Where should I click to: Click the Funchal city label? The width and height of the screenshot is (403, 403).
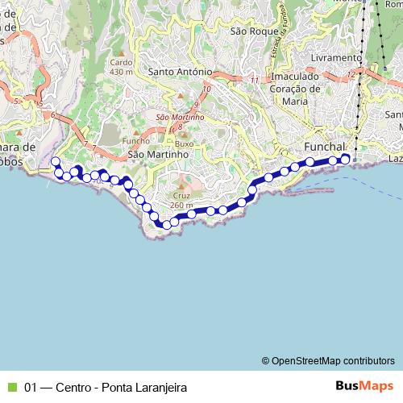click(326, 147)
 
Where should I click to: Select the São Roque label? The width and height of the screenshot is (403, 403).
click(248, 31)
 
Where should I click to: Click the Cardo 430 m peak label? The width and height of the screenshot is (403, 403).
click(121, 66)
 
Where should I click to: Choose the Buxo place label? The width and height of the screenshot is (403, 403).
click(185, 143)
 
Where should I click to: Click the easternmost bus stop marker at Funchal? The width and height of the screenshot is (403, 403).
click(345, 159)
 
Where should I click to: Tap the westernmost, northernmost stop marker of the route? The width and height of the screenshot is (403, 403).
click(55, 162)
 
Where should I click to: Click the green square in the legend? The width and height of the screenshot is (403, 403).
click(12, 386)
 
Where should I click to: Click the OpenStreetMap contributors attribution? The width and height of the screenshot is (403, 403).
click(329, 360)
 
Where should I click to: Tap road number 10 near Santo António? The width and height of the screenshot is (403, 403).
click(207, 89)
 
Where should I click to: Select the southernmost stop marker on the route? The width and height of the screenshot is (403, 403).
click(166, 225)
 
